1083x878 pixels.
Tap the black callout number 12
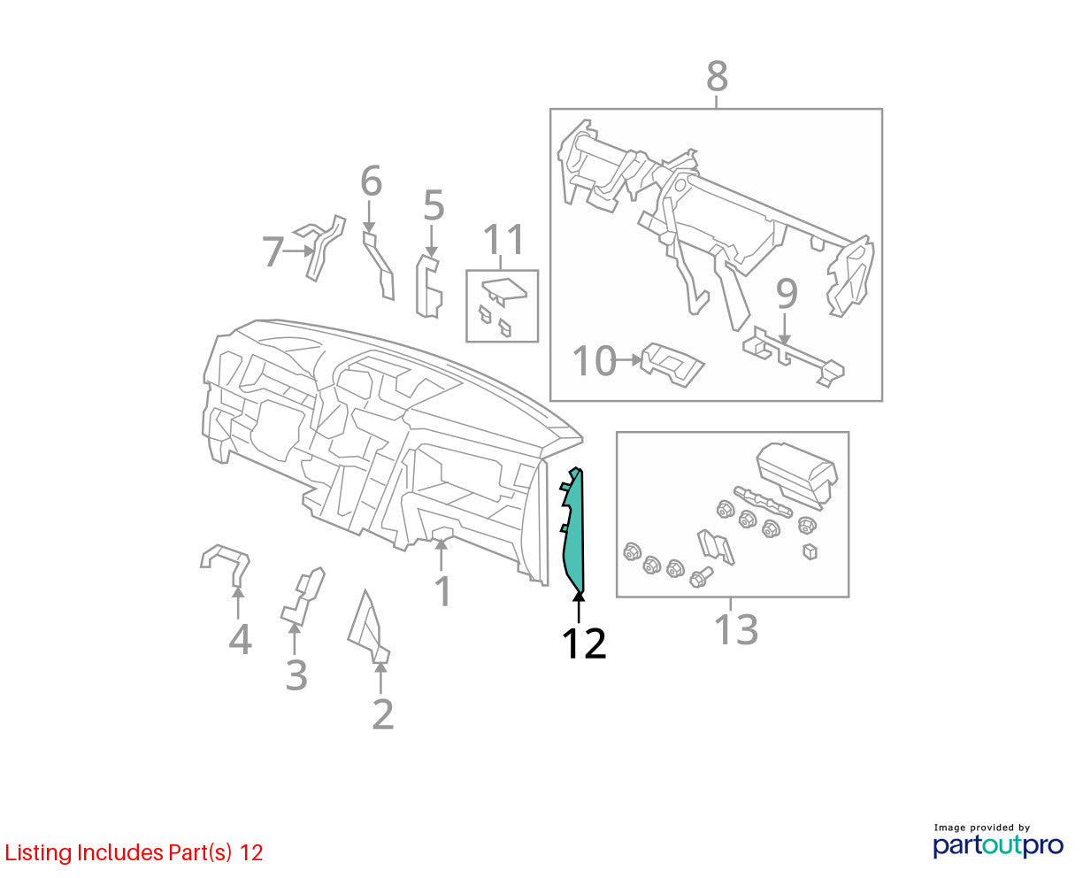click(x=584, y=643)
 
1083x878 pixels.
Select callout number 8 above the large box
click(x=717, y=76)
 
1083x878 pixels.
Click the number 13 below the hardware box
click(x=736, y=630)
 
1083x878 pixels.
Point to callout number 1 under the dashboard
click(x=444, y=591)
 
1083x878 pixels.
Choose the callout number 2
click(x=383, y=714)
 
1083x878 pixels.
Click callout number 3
click(x=296, y=675)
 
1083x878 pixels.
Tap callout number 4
click(x=240, y=639)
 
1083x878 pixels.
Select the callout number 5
click(x=434, y=205)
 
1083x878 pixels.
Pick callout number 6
click(x=371, y=181)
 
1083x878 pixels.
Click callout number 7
click(x=273, y=251)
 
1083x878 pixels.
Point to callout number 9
click(x=787, y=294)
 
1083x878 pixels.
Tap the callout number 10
click(x=595, y=360)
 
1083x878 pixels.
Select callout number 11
click(x=503, y=239)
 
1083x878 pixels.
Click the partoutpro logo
click(x=998, y=845)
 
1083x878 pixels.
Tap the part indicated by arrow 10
click(x=672, y=365)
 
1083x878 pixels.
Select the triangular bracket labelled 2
click(x=367, y=628)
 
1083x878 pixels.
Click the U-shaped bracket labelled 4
click(x=225, y=565)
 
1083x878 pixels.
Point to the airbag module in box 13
click(x=796, y=474)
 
